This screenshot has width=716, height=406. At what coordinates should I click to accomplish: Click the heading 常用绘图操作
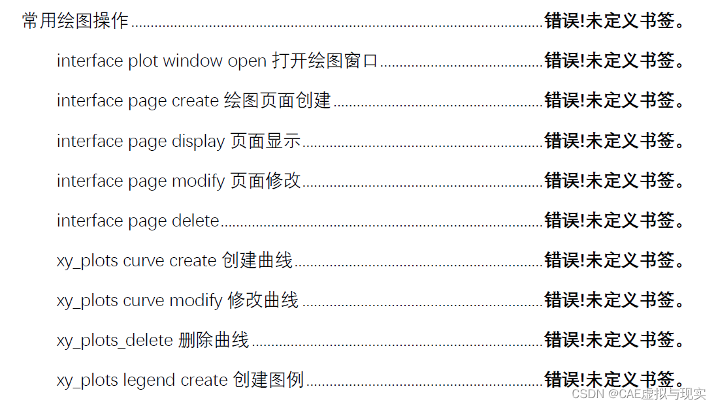click(x=75, y=21)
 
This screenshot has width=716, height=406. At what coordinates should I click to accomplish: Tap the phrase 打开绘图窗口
click(x=325, y=61)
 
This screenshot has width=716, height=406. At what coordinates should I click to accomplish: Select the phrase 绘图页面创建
click(x=277, y=101)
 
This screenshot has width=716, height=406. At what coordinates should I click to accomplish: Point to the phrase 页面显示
click(x=265, y=141)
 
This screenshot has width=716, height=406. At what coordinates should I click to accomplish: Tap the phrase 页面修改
click(x=265, y=181)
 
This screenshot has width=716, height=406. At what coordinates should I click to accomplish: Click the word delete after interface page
click(x=195, y=221)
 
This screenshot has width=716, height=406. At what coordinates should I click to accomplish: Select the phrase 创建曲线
click(x=257, y=260)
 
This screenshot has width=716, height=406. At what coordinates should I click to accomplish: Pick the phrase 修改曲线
click(x=263, y=300)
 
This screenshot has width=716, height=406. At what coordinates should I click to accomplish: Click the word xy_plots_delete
click(x=115, y=340)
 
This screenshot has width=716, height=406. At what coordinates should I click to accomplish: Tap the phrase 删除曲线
click(x=214, y=340)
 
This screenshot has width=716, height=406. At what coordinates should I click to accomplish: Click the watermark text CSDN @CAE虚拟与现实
click(x=638, y=394)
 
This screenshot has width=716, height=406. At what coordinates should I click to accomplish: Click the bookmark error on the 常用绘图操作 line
click(x=615, y=21)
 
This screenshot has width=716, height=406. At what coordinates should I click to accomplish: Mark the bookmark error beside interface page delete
click(x=615, y=221)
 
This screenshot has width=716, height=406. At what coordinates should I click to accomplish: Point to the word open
click(x=247, y=62)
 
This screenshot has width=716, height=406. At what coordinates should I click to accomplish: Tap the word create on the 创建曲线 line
click(x=193, y=260)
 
